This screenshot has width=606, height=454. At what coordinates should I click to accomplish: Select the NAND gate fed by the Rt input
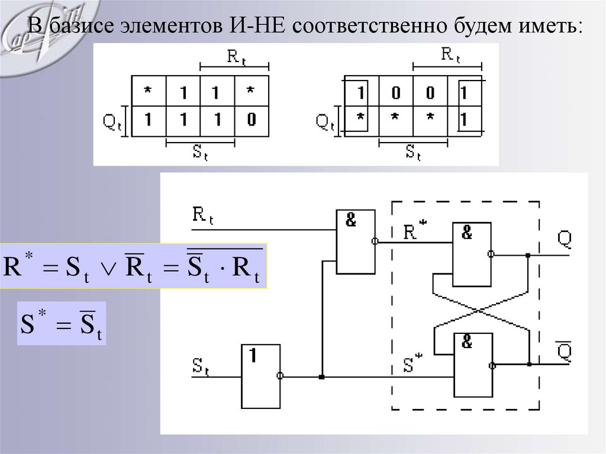pyautogui.click(x=355, y=241)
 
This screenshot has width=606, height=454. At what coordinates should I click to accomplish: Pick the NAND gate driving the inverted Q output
pyautogui.click(x=471, y=365)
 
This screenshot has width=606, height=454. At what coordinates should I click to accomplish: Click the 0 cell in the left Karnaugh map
pyautogui.click(x=252, y=120)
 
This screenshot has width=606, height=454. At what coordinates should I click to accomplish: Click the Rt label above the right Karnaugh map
pyautogui.click(x=450, y=56)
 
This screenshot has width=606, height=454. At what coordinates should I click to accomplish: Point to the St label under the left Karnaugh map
pyautogui.click(x=201, y=153)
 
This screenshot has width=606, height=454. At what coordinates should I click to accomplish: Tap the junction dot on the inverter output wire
pyautogui.click(x=321, y=376)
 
